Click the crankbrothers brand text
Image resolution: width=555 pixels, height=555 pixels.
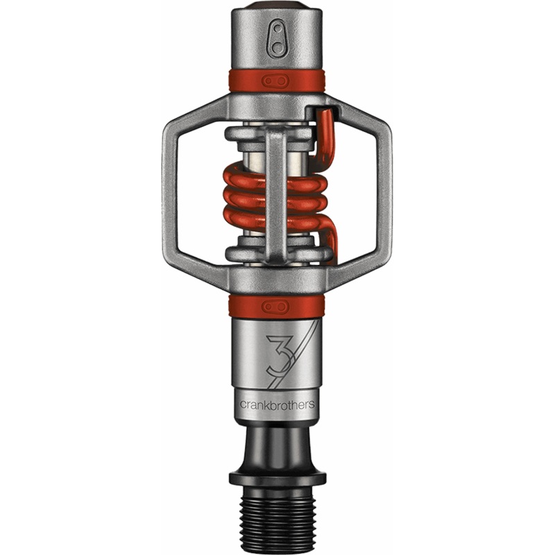click(x=277, y=404)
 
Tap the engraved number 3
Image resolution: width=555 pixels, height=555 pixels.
click(x=280, y=356)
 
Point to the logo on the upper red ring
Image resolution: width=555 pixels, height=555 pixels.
click(x=275, y=81)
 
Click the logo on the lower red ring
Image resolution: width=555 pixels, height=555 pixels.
click(x=275, y=307)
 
